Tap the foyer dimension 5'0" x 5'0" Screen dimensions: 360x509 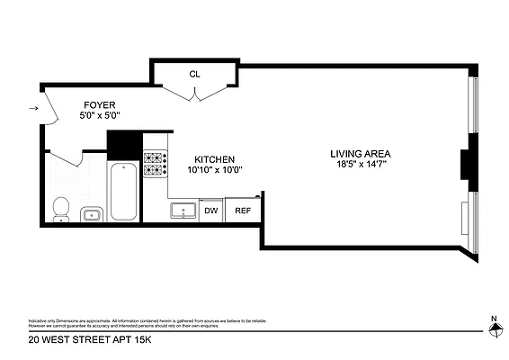point(100,116)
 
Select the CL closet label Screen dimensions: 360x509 point(194,74)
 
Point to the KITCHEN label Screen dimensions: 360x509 point(216,157)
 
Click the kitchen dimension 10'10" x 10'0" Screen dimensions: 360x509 point(216,169)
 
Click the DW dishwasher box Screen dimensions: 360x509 point(211,211)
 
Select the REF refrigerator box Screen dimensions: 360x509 point(242,211)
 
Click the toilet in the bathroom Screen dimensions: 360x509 point(60,208)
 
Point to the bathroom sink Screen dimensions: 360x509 point(90,213)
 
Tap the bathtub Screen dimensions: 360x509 point(122,190)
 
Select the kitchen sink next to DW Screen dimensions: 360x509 point(184,211)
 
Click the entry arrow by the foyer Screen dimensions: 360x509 point(33,109)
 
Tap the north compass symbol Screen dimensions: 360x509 point(493,329)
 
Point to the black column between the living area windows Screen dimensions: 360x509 point(466,165)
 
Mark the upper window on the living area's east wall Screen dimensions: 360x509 point(474,112)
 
